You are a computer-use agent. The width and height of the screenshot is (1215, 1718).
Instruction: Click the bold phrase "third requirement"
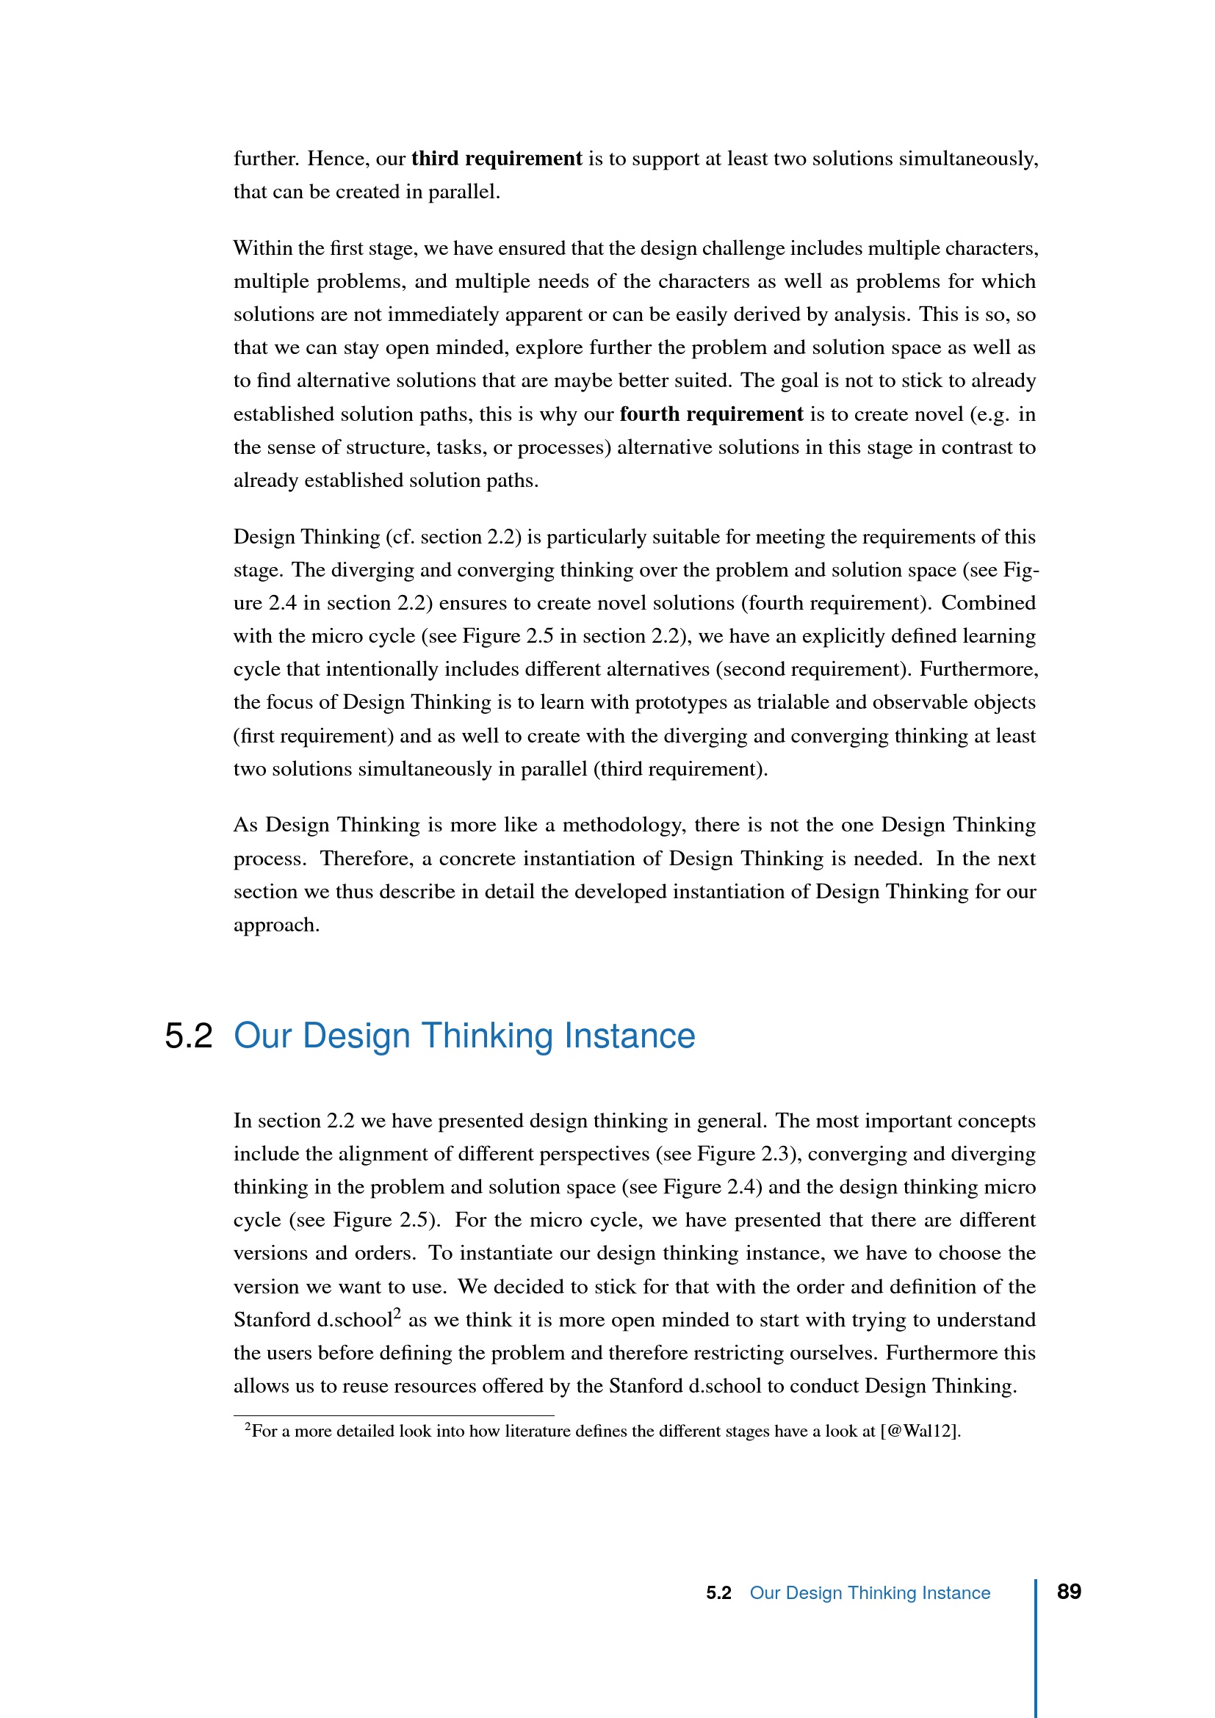pyautogui.click(x=496, y=159)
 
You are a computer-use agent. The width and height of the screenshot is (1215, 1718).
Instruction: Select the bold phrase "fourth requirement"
pyautogui.click(x=711, y=414)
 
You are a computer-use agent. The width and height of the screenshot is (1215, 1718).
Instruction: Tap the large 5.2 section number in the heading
pyautogui.click(x=189, y=1036)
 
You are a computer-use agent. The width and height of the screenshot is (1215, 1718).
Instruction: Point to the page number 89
pyautogui.click(x=1068, y=1592)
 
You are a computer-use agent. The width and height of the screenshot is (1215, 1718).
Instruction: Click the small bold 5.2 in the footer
pyautogui.click(x=718, y=1593)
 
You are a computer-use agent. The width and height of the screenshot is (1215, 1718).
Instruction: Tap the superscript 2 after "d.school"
pyautogui.click(x=397, y=1313)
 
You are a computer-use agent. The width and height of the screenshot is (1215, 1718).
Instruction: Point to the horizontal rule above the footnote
pyautogui.click(x=394, y=1415)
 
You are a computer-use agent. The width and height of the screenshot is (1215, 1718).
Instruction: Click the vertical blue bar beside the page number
pyautogui.click(x=1036, y=1646)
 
